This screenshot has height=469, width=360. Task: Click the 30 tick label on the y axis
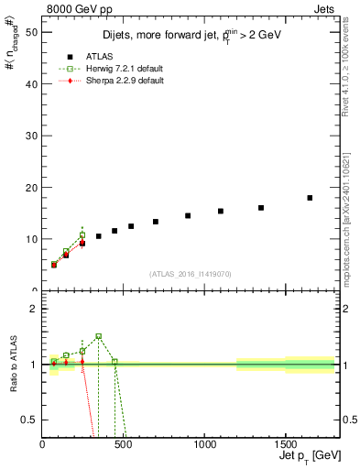pyautogui.click(x=31, y=136)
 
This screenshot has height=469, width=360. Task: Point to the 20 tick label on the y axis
pyautogui.click(x=31, y=187)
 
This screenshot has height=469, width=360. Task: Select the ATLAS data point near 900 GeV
pyautogui.click(x=188, y=216)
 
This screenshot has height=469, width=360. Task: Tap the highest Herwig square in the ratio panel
pyautogui.click(x=99, y=336)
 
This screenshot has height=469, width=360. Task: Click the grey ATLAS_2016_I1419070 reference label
pyautogui.click(x=189, y=274)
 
